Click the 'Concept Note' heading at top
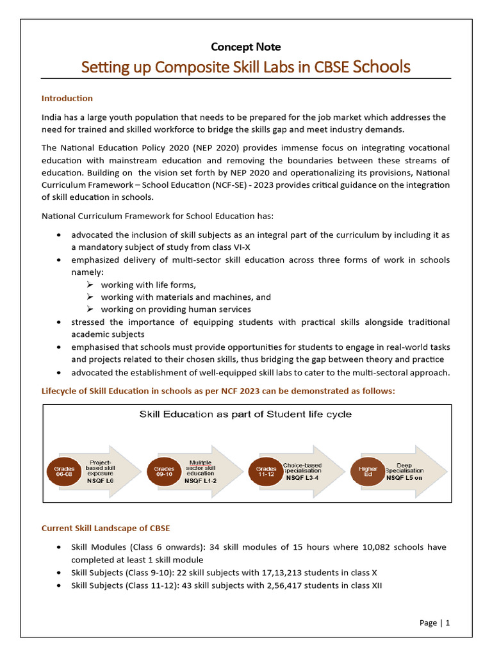(x=246, y=47)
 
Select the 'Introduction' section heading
(x=67, y=98)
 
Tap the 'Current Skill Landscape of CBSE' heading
(x=106, y=528)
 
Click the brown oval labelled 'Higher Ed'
(x=368, y=472)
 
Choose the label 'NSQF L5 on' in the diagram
(x=405, y=478)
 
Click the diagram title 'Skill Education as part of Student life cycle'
(x=245, y=414)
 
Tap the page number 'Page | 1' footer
(x=435, y=623)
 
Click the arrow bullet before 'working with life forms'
(x=90, y=285)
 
